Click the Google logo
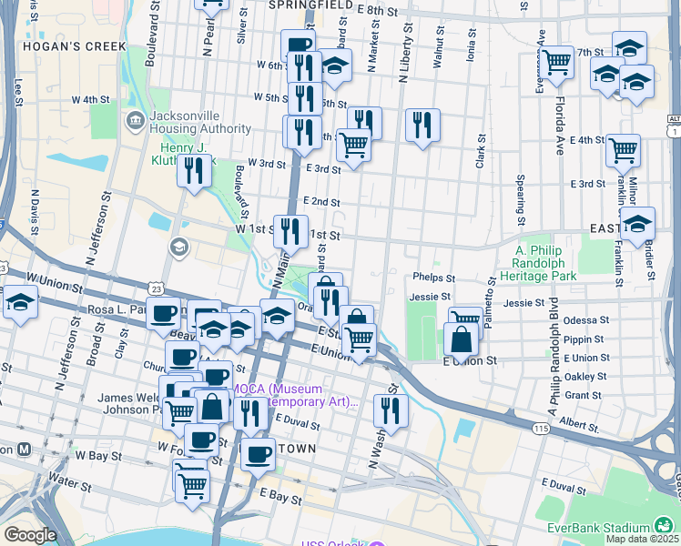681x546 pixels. tap(29, 536)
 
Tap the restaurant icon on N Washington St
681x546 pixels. tap(391, 410)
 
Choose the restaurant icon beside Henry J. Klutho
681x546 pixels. tap(194, 171)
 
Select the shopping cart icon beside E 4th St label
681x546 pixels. tap(623, 150)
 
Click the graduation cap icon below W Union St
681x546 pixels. tap(20, 302)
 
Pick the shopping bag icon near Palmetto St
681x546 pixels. tap(462, 339)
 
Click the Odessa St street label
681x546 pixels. tap(586, 320)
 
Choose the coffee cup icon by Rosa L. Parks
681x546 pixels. tap(164, 313)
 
